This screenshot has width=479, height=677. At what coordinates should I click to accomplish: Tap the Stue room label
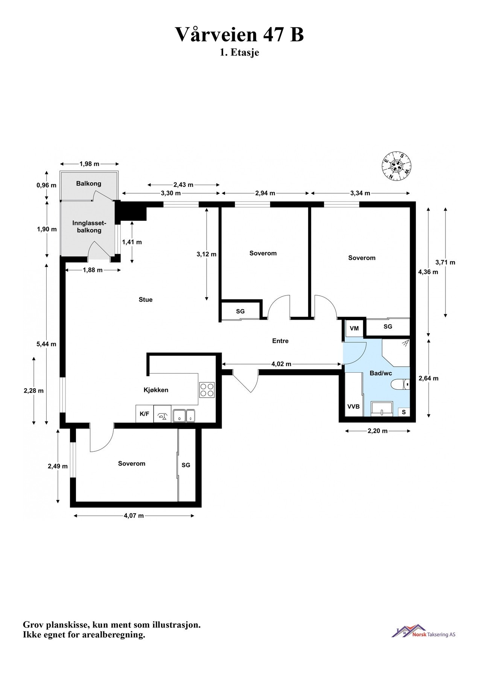[x=146, y=300]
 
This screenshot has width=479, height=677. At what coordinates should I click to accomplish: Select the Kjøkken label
[x=156, y=390]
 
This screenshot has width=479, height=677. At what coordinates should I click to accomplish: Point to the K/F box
[x=144, y=414]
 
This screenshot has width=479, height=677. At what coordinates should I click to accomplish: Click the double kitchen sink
[x=184, y=415]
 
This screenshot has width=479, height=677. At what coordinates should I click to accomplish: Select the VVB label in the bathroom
[x=353, y=407]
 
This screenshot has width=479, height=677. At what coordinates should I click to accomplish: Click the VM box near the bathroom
[x=354, y=328]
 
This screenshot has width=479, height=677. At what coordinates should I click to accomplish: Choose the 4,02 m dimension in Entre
[x=281, y=364]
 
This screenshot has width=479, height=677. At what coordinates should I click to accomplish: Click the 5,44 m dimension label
[x=46, y=344]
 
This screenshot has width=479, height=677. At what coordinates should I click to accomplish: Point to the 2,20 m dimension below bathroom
[x=377, y=431]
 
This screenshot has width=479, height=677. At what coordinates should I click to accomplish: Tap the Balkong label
[x=89, y=184]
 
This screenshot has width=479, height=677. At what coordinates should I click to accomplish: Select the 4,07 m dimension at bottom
[x=134, y=516]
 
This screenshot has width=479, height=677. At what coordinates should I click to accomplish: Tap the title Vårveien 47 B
[x=239, y=35]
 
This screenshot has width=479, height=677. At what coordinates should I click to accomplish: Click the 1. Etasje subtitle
[x=239, y=53]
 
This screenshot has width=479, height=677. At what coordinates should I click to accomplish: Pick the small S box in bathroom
[x=404, y=412]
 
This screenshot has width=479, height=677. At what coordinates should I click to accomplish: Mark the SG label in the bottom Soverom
[x=186, y=465]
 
